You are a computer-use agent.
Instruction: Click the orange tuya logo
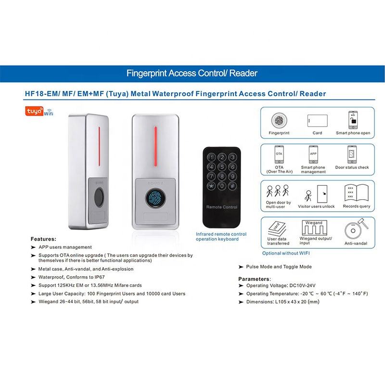(34, 111)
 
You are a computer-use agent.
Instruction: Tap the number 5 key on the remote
(222, 167)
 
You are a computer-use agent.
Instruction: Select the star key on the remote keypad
(211, 186)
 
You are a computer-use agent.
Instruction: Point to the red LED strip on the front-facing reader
(155, 147)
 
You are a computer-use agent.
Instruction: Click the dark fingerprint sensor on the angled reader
(99, 198)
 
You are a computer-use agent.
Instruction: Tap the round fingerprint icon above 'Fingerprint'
(279, 120)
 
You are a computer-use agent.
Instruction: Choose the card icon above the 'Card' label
(317, 121)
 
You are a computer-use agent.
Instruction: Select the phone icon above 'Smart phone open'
(353, 120)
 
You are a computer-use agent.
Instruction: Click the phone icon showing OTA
(279, 154)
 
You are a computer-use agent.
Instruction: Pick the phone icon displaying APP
(313, 154)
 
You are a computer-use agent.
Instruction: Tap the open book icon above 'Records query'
(357, 193)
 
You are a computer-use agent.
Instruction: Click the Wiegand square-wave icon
(314, 228)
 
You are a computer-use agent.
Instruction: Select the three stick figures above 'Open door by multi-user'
(278, 191)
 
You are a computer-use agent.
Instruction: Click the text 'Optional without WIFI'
(286, 253)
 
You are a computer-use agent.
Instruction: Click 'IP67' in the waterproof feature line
(100, 277)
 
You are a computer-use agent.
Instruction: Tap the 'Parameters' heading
(254, 279)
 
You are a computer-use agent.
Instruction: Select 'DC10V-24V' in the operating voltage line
(302, 285)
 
